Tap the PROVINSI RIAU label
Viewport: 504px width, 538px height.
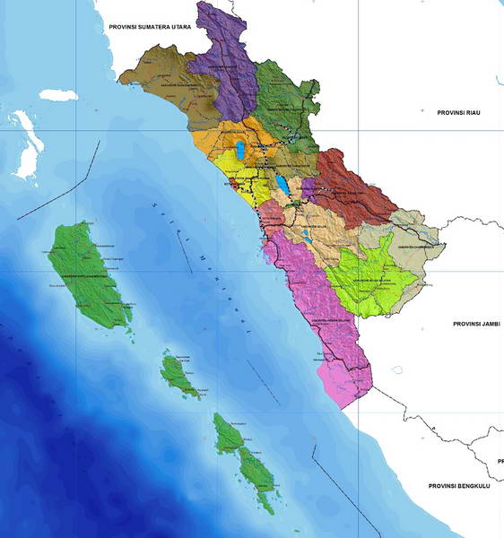pyautogui.click(x=459, y=112)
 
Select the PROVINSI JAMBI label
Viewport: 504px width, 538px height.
pyautogui.click(x=475, y=323)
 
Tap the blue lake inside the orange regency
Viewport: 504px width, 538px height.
pyautogui.click(x=240, y=148)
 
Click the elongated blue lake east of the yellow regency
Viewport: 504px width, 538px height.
pyautogui.click(x=282, y=185)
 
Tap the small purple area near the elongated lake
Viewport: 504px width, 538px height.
pyautogui.click(x=308, y=189)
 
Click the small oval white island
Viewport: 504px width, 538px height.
pyautogui.click(x=57, y=94)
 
